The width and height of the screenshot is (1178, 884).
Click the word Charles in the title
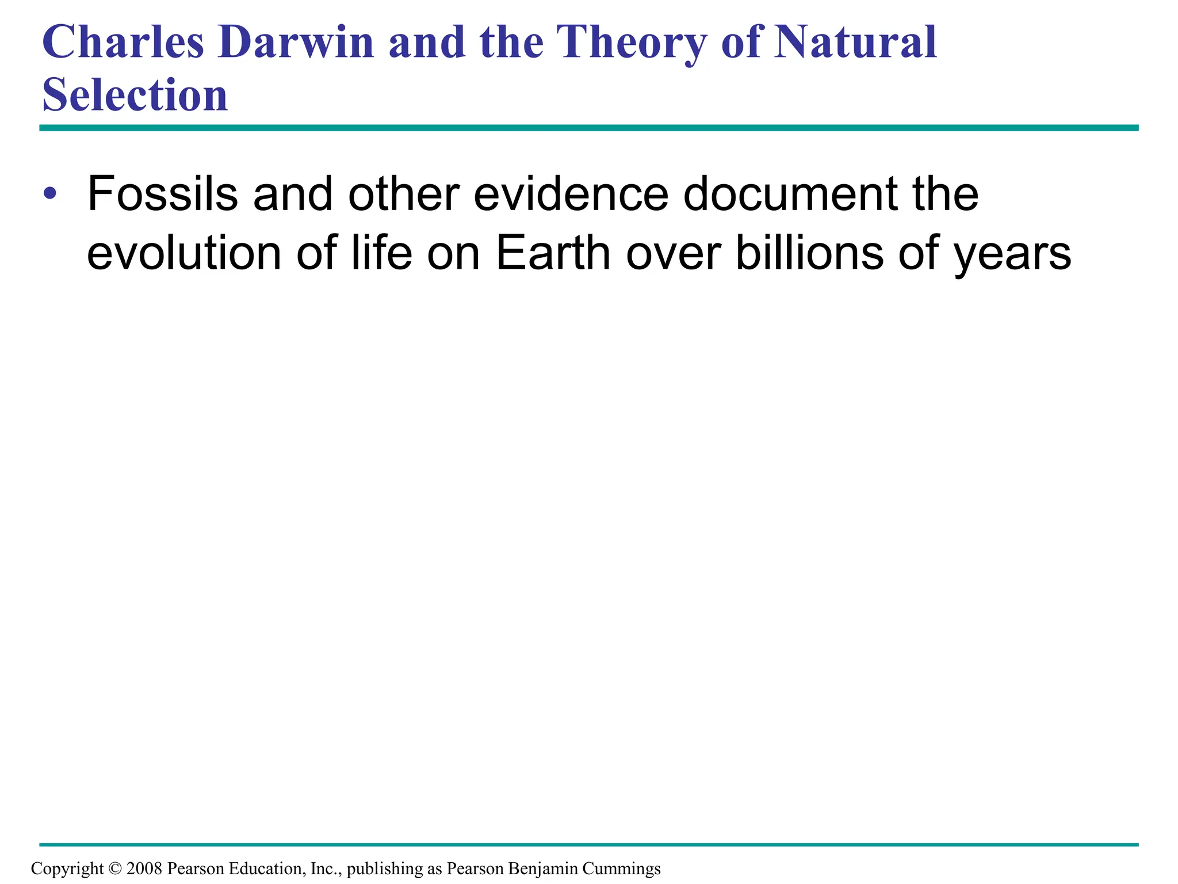pyautogui.click(x=123, y=43)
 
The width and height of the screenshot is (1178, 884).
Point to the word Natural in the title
pyautogui.click(x=856, y=43)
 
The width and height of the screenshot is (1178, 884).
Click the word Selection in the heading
pyautogui.click(x=135, y=94)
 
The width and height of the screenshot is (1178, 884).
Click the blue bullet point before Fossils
pyautogui.click(x=50, y=193)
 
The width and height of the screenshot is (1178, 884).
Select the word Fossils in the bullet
pyautogui.click(x=162, y=194)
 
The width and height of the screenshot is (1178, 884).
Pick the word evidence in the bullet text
pyautogui.click(x=571, y=194)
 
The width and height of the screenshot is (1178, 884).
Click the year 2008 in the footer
pyautogui.click(x=144, y=868)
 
